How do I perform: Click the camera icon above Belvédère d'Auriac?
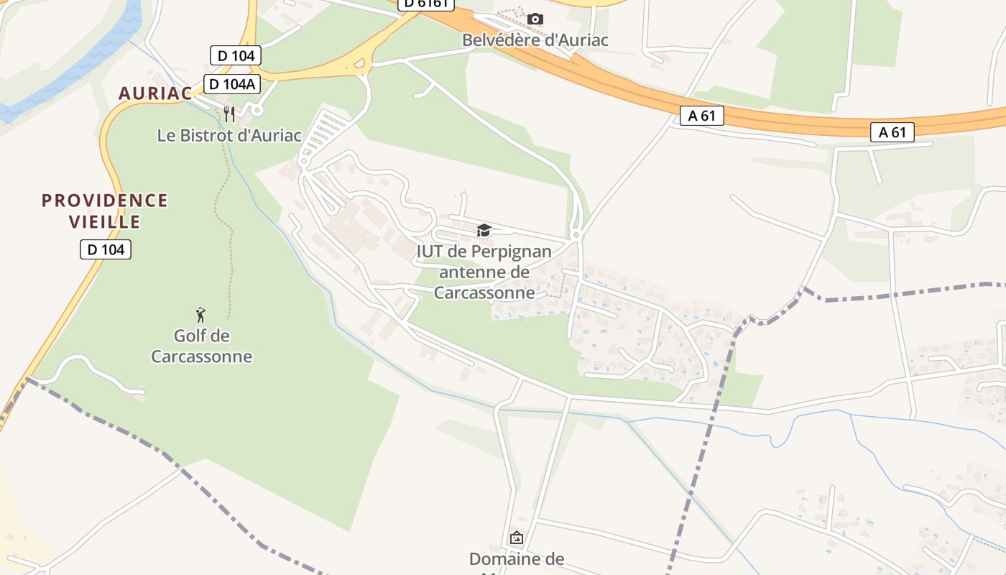pyautogui.click(x=535, y=19)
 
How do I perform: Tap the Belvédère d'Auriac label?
pyautogui.click(x=535, y=40)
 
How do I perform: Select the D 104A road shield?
pyautogui.click(x=231, y=84)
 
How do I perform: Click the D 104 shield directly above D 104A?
pyautogui.click(x=235, y=55)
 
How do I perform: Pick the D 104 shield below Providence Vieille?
pyautogui.click(x=106, y=249)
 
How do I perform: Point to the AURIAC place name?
pyautogui.click(x=155, y=93)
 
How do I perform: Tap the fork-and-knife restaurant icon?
pyautogui.click(x=229, y=113)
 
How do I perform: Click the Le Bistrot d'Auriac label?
pyautogui.click(x=229, y=134)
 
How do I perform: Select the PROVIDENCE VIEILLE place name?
pyautogui.click(x=105, y=211)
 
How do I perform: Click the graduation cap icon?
pyautogui.click(x=484, y=231)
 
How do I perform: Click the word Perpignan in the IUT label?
pyautogui.click(x=511, y=252)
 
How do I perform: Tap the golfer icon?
pyautogui.click(x=201, y=315)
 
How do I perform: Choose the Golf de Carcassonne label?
pyautogui.click(x=201, y=346)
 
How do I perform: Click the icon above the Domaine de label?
pyautogui.click(x=516, y=538)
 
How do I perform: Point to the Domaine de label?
pyautogui.click(x=516, y=558)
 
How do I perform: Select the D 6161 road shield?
pyautogui.click(x=425, y=4)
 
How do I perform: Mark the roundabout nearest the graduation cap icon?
pyautogui.click(x=576, y=235)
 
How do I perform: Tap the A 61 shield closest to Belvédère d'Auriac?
pyautogui.click(x=701, y=116)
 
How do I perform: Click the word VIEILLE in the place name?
pyautogui.click(x=105, y=221)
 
